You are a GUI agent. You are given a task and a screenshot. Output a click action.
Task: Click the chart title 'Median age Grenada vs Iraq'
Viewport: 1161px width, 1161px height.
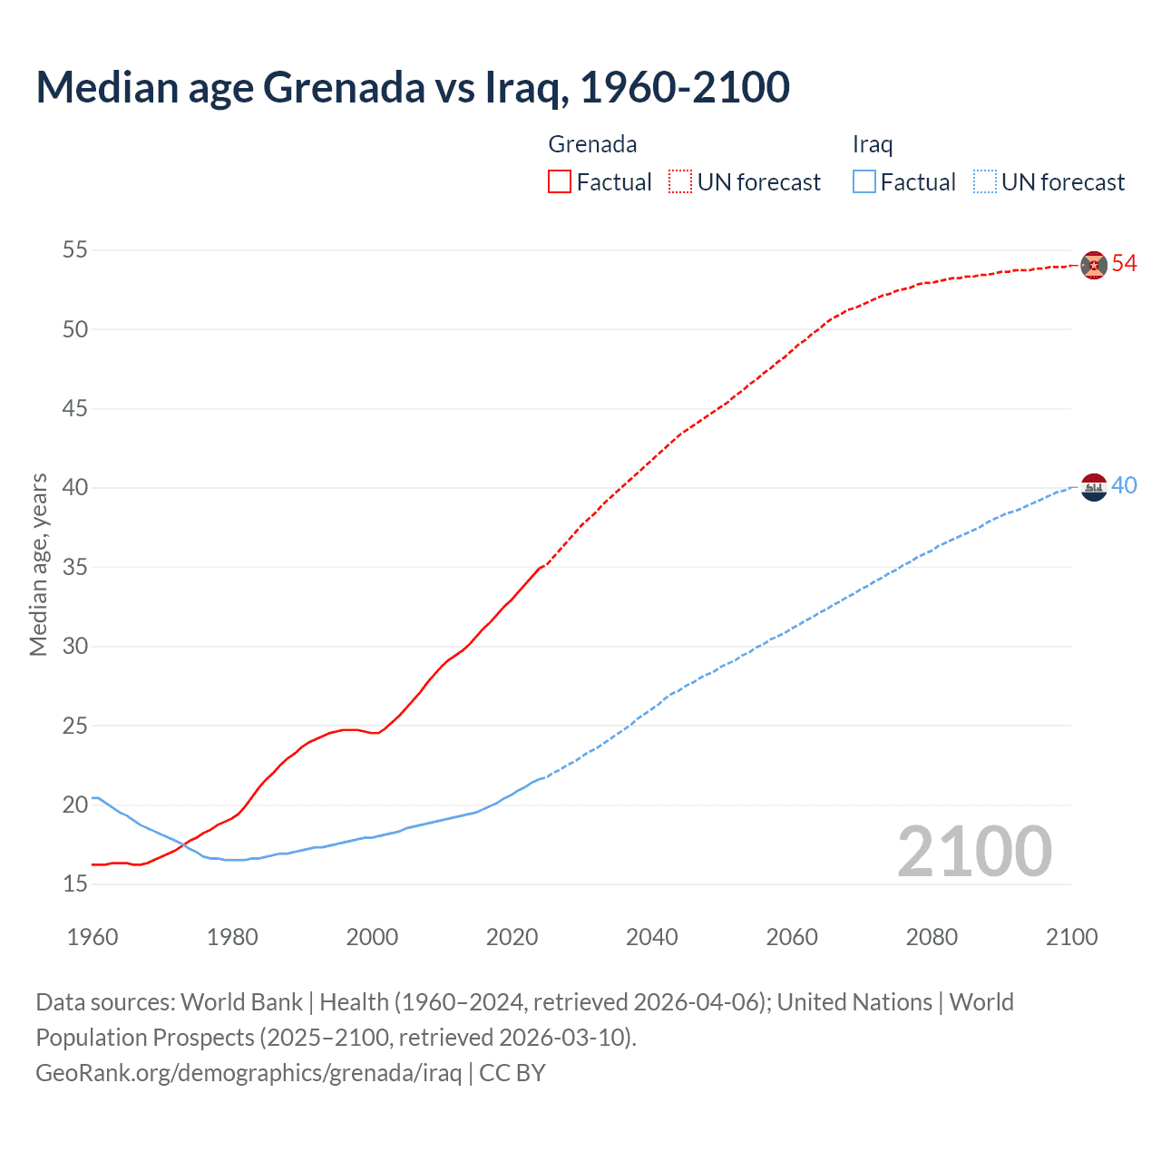coord(413,87)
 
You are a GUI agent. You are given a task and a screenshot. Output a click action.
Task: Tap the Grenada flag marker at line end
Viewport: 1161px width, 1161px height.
coord(1094,265)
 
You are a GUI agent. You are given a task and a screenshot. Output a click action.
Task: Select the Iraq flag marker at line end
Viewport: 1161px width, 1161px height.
coord(1094,487)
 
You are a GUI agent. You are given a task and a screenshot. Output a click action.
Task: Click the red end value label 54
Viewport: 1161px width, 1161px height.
coord(1125,263)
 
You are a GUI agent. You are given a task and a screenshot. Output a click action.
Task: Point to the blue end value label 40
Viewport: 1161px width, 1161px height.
coord(1125,485)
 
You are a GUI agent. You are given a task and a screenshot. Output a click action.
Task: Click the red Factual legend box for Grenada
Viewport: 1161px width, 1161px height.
coord(560,182)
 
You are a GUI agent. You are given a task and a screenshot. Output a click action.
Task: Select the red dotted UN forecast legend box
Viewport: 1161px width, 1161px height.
coord(680,182)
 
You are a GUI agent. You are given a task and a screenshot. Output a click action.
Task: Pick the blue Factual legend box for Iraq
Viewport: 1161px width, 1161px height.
coord(864,182)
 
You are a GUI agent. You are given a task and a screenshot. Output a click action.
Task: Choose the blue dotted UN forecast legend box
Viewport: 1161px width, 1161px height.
coord(984,182)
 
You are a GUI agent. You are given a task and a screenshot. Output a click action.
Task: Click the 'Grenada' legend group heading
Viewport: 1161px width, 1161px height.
coord(592,144)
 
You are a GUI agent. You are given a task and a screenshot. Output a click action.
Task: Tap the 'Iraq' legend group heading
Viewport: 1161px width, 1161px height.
coord(873,144)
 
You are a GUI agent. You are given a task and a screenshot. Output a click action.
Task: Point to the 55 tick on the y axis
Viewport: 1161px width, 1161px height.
coord(75,249)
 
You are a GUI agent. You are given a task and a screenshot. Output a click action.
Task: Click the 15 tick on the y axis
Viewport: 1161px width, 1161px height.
coord(75,883)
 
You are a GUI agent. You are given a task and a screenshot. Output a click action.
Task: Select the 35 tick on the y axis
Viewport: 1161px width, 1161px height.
coord(75,567)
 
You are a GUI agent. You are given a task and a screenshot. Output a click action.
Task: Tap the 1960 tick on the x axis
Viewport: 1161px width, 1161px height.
coord(93,937)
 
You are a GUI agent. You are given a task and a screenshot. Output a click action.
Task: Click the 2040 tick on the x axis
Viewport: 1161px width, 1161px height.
coord(652,937)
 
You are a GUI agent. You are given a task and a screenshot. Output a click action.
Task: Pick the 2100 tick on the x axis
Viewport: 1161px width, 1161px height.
coord(1071,937)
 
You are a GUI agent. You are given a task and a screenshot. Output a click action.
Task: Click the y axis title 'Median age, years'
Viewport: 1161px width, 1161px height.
coord(38,564)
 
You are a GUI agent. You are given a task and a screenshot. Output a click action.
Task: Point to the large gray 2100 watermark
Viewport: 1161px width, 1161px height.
coord(974,852)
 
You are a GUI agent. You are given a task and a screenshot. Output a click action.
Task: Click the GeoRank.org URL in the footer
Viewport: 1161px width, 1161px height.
coord(249,1073)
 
